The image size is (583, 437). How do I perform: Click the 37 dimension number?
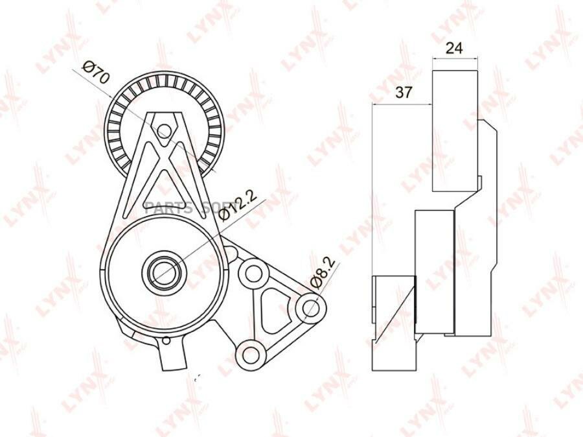click(404, 92)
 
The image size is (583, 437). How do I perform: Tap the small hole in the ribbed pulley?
click(165, 132)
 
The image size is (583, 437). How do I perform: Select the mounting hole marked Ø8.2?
click(310, 307)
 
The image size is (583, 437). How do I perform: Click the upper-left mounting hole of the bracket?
click(251, 273)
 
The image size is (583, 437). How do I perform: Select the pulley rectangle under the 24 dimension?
click(455, 130)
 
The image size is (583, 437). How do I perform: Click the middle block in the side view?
click(434, 259)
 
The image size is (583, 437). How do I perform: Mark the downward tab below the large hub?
click(174, 353)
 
